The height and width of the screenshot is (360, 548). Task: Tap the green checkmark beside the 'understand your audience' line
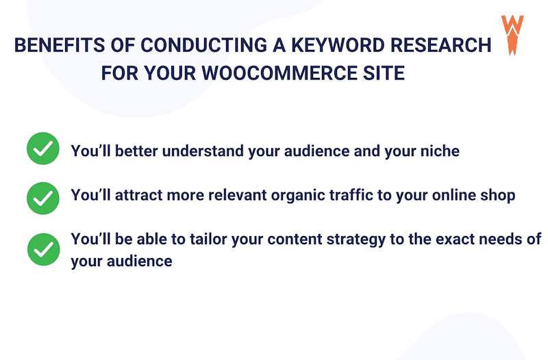(x=42, y=150)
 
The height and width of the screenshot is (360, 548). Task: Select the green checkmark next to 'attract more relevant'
(x=42, y=196)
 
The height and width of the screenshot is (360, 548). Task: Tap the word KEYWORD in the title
(x=329, y=46)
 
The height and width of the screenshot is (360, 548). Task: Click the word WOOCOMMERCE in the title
(x=274, y=73)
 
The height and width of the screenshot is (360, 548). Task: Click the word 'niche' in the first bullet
(x=438, y=151)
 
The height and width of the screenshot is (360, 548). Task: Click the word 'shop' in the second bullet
(x=498, y=196)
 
